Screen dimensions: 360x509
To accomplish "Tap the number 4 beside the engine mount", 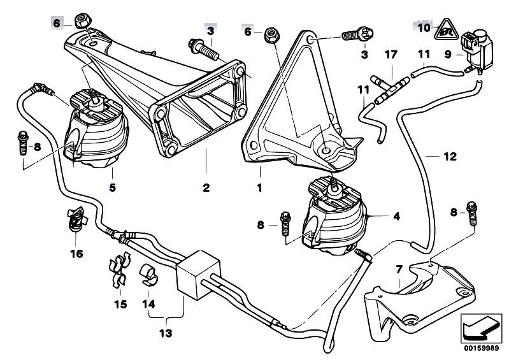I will (x=396, y=217).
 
